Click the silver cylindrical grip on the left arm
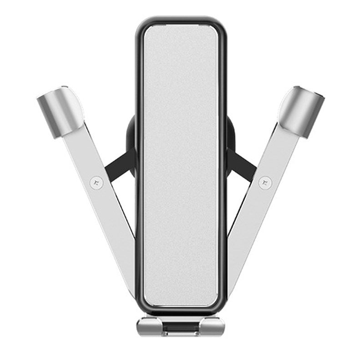(x=59, y=111)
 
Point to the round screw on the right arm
(x=264, y=182)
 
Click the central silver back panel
(x=181, y=164)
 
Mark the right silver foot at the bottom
(x=212, y=326)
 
